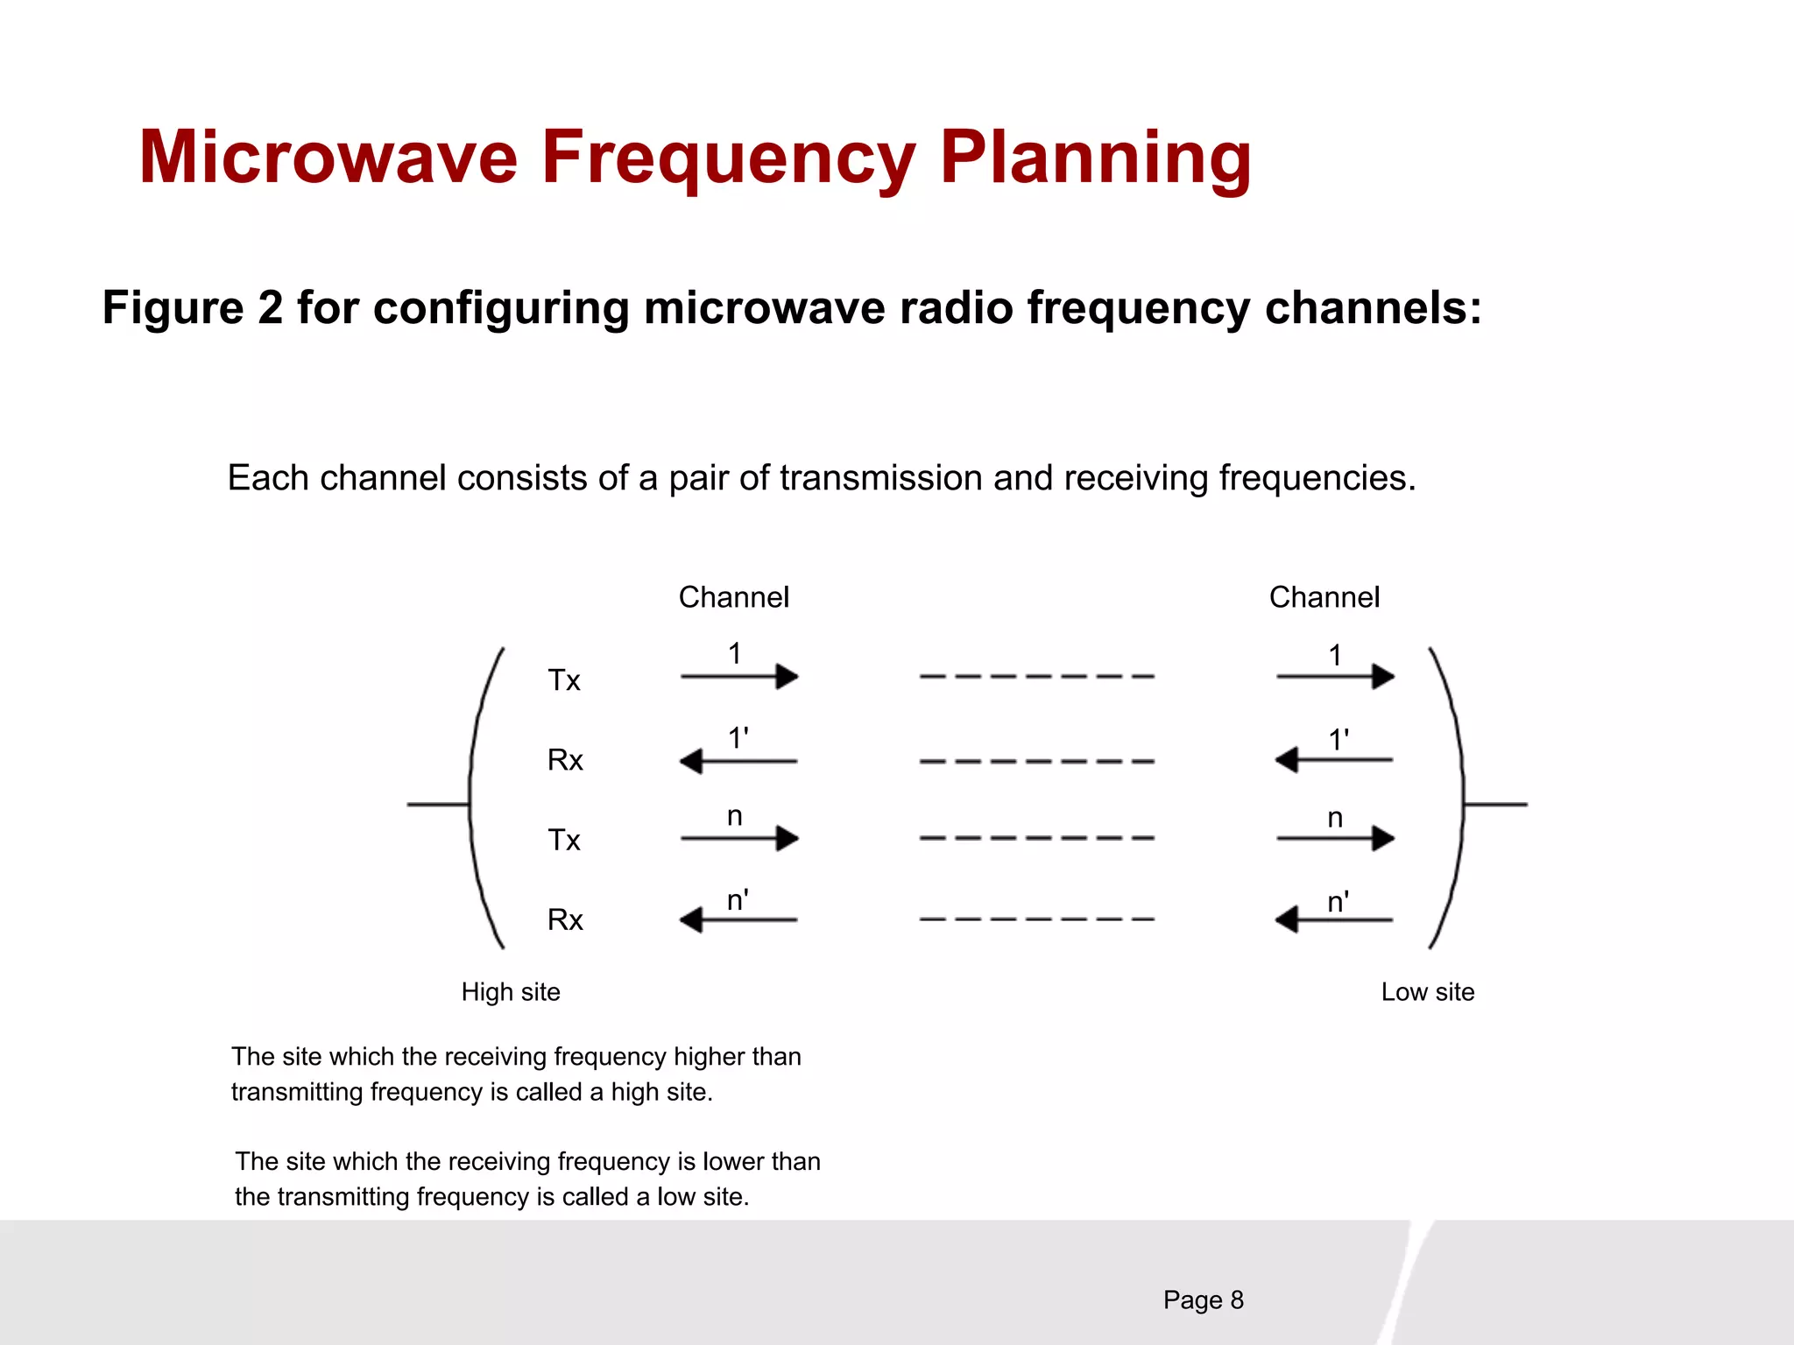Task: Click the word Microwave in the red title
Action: click(328, 158)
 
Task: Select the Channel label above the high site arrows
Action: click(733, 597)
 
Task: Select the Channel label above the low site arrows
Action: click(1324, 597)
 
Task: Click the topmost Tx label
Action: click(564, 680)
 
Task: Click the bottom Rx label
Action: click(565, 919)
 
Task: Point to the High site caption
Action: click(511, 992)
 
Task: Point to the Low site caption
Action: click(1427, 992)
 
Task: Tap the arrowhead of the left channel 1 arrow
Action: click(788, 677)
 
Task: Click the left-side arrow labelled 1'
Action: click(738, 761)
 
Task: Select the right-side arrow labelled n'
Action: click(1333, 919)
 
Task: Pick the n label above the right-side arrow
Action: click(1334, 818)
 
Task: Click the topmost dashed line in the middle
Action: click(1036, 677)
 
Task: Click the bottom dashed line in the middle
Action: click(1036, 919)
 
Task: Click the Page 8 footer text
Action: click(1203, 1300)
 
